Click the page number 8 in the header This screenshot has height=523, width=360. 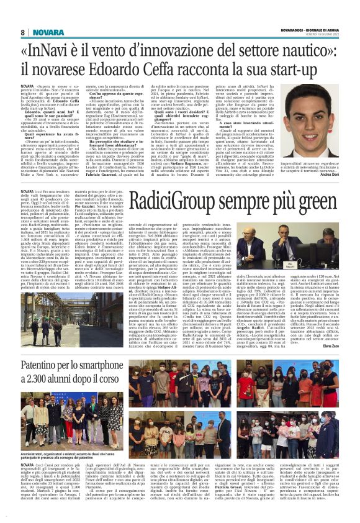click(22, 32)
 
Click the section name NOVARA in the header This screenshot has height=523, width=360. click(44, 32)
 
